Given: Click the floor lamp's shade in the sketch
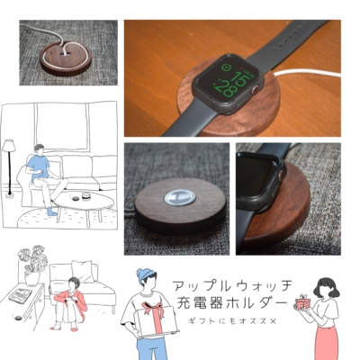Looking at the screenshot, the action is pyautogui.click(x=9, y=145).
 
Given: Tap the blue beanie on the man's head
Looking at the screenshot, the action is pyautogui.click(x=146, y=274).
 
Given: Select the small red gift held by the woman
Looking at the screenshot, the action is pyautogui.click(x=302, y=302).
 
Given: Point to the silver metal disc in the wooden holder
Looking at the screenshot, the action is pyautogui.click(x=179, y=197).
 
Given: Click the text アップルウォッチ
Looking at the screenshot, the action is pyautogui.click(x=232, y=285).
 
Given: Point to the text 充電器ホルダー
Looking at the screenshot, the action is pyautogui.click(x=230, y=303).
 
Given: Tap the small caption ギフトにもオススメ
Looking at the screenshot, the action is pyautogui.click(x=231, y=321).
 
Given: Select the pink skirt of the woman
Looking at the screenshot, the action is pyautogui.click(x=326, y=343).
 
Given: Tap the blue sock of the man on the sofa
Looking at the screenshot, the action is pyautogui.click(x=51, y=211).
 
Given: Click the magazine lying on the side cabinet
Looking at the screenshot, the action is pyautogui.click(x=20, y=295).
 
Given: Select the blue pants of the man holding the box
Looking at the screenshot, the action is pyautogui.click(x=152, y=349).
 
